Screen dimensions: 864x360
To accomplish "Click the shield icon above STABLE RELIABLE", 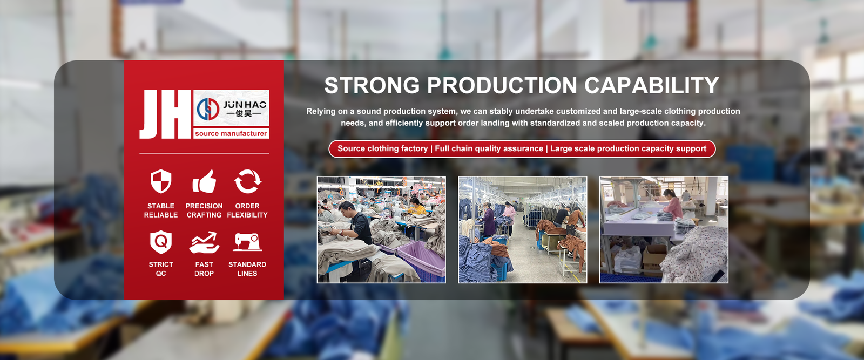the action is (161, 181).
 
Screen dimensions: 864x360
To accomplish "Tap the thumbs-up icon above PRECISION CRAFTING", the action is (204, 181).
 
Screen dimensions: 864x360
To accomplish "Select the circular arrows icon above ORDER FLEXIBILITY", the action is (247, 181).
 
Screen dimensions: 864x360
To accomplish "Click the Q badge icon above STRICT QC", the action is (161, 242).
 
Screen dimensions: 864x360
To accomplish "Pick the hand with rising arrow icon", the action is (204, 242).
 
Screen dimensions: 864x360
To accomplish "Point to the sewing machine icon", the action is (247, 242).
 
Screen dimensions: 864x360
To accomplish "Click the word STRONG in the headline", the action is (372, 85).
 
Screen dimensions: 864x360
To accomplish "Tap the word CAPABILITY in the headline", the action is (651, 85).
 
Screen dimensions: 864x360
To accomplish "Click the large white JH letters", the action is (165, 114).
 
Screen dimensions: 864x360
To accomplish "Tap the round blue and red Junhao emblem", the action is (208, 109).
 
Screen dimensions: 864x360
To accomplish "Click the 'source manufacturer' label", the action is (231, 134).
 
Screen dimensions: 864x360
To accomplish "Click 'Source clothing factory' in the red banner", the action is (383, 149).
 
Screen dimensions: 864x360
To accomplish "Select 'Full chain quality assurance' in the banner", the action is (489, 149).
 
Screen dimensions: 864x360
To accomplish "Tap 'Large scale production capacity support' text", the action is (629, 149).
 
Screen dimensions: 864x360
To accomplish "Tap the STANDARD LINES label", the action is (247, 269).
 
